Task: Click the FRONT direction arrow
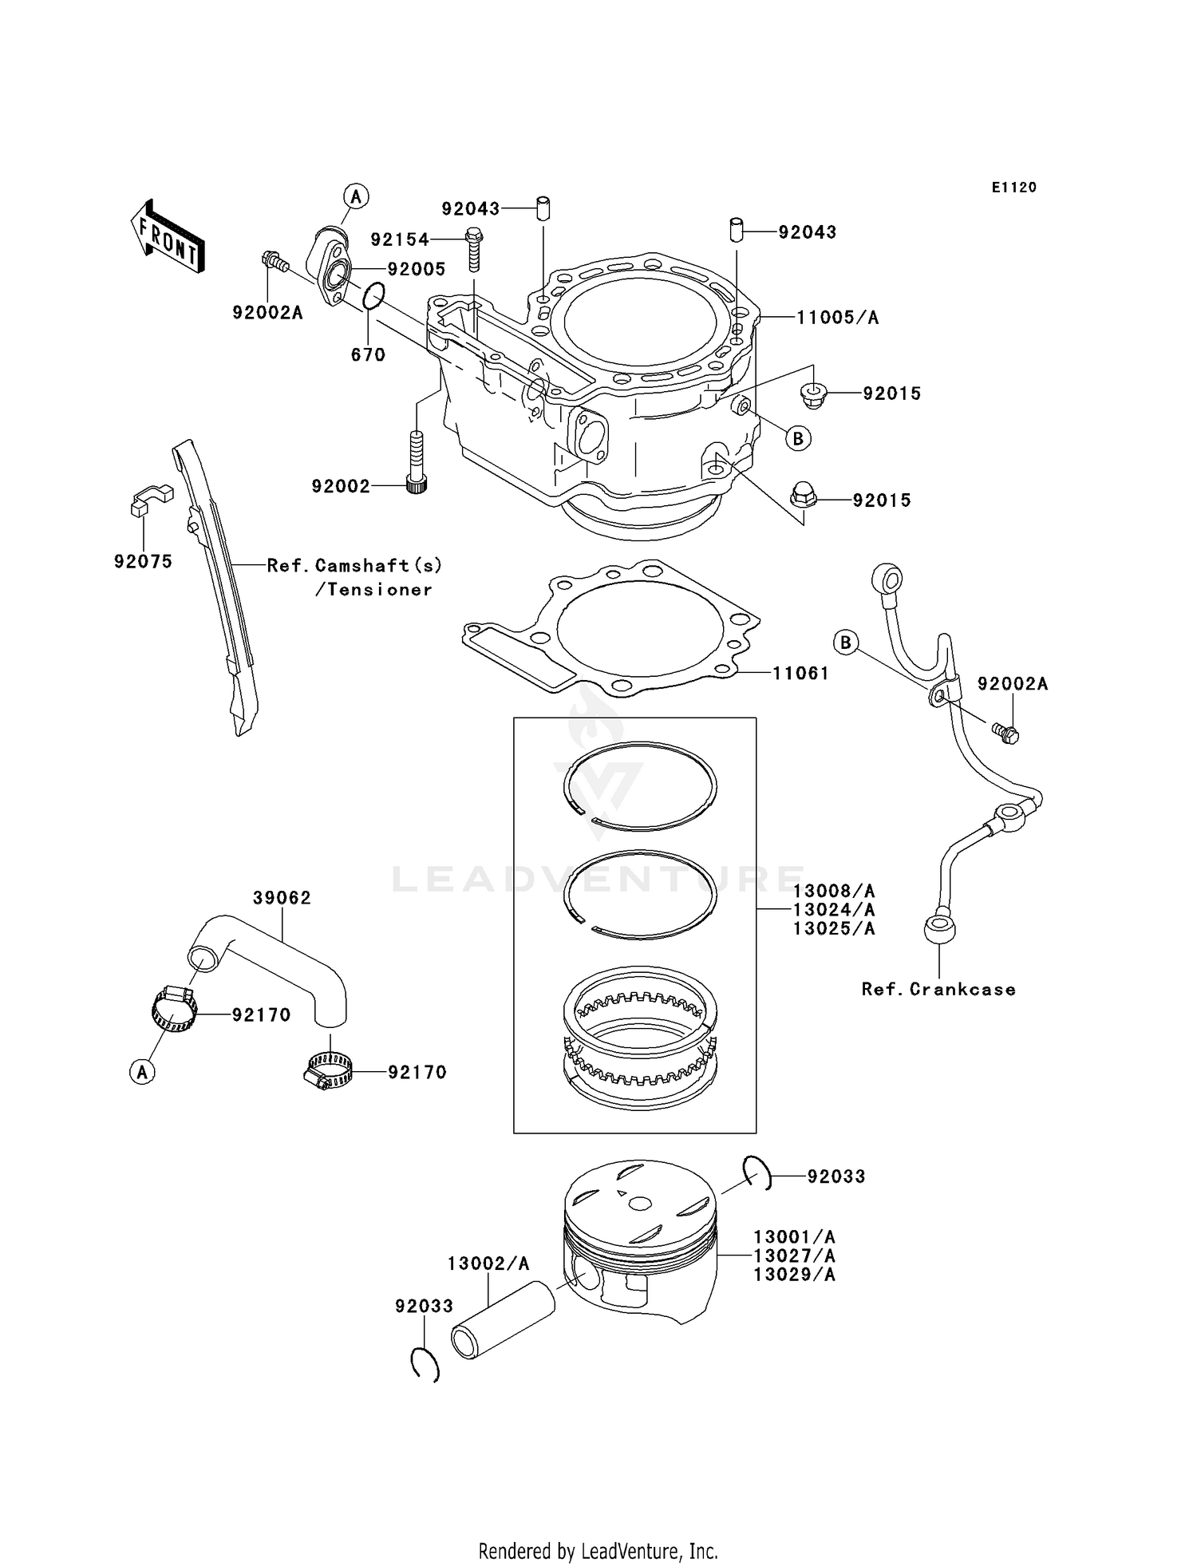(x=167, y=237)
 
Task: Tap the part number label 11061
(x=800, y=673)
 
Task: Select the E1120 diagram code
(x=1013, y=188)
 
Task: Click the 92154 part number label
(x=399, y=239)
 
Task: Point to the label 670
(x=368, y=354)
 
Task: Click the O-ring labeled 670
(x=373, y=295)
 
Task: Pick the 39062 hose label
(x=282, y=898)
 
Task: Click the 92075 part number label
(x=143, y=561)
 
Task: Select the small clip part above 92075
(x=150, y=499)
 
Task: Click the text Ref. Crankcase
(x=938, y=989)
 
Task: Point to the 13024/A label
(x=833, y=910)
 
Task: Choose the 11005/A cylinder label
(x=837, y=318)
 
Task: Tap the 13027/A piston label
(x=794, y=1256)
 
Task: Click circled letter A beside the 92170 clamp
(x=142, y=1072)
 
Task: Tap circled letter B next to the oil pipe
(x=846, y=642)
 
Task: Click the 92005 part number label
(x=416, y=269)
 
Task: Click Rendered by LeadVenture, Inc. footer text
(x=598, y=1552)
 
